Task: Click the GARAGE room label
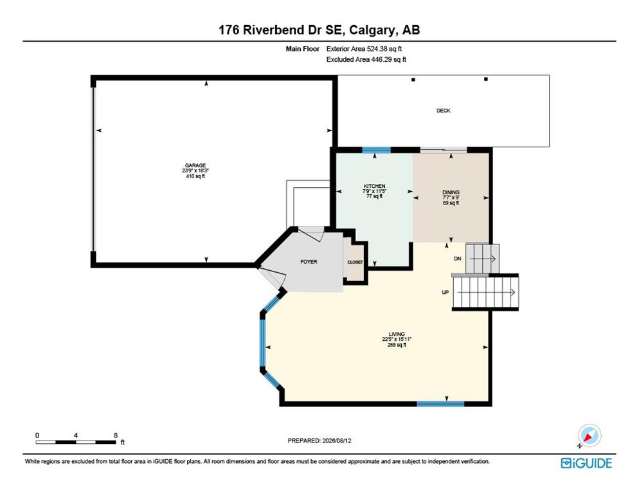[x=195, y=165]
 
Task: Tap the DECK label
[x=444, y=111]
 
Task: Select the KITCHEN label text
[x=375, y=186]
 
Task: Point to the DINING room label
[x=451, y=192]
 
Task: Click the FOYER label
[x=309, y=262]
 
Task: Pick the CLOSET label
[x=355, y=262]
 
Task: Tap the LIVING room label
[x=397, y=334]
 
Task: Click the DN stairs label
[x=458, y=259]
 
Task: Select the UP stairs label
[x=446, y=292]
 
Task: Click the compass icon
[x=589, y=435]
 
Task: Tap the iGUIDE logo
[x=586, y=463]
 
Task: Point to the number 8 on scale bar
[x=116, y=435]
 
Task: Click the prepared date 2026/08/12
[x=337, y=441]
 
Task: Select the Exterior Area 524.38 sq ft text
[x=364, y=48]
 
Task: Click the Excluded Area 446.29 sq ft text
[x=366, y=60]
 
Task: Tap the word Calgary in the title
[x=372, y=30]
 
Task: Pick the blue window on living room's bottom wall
[x=440, y=404]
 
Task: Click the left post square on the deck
[x=413, y=80]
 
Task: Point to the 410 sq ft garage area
[x=195, y=176]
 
